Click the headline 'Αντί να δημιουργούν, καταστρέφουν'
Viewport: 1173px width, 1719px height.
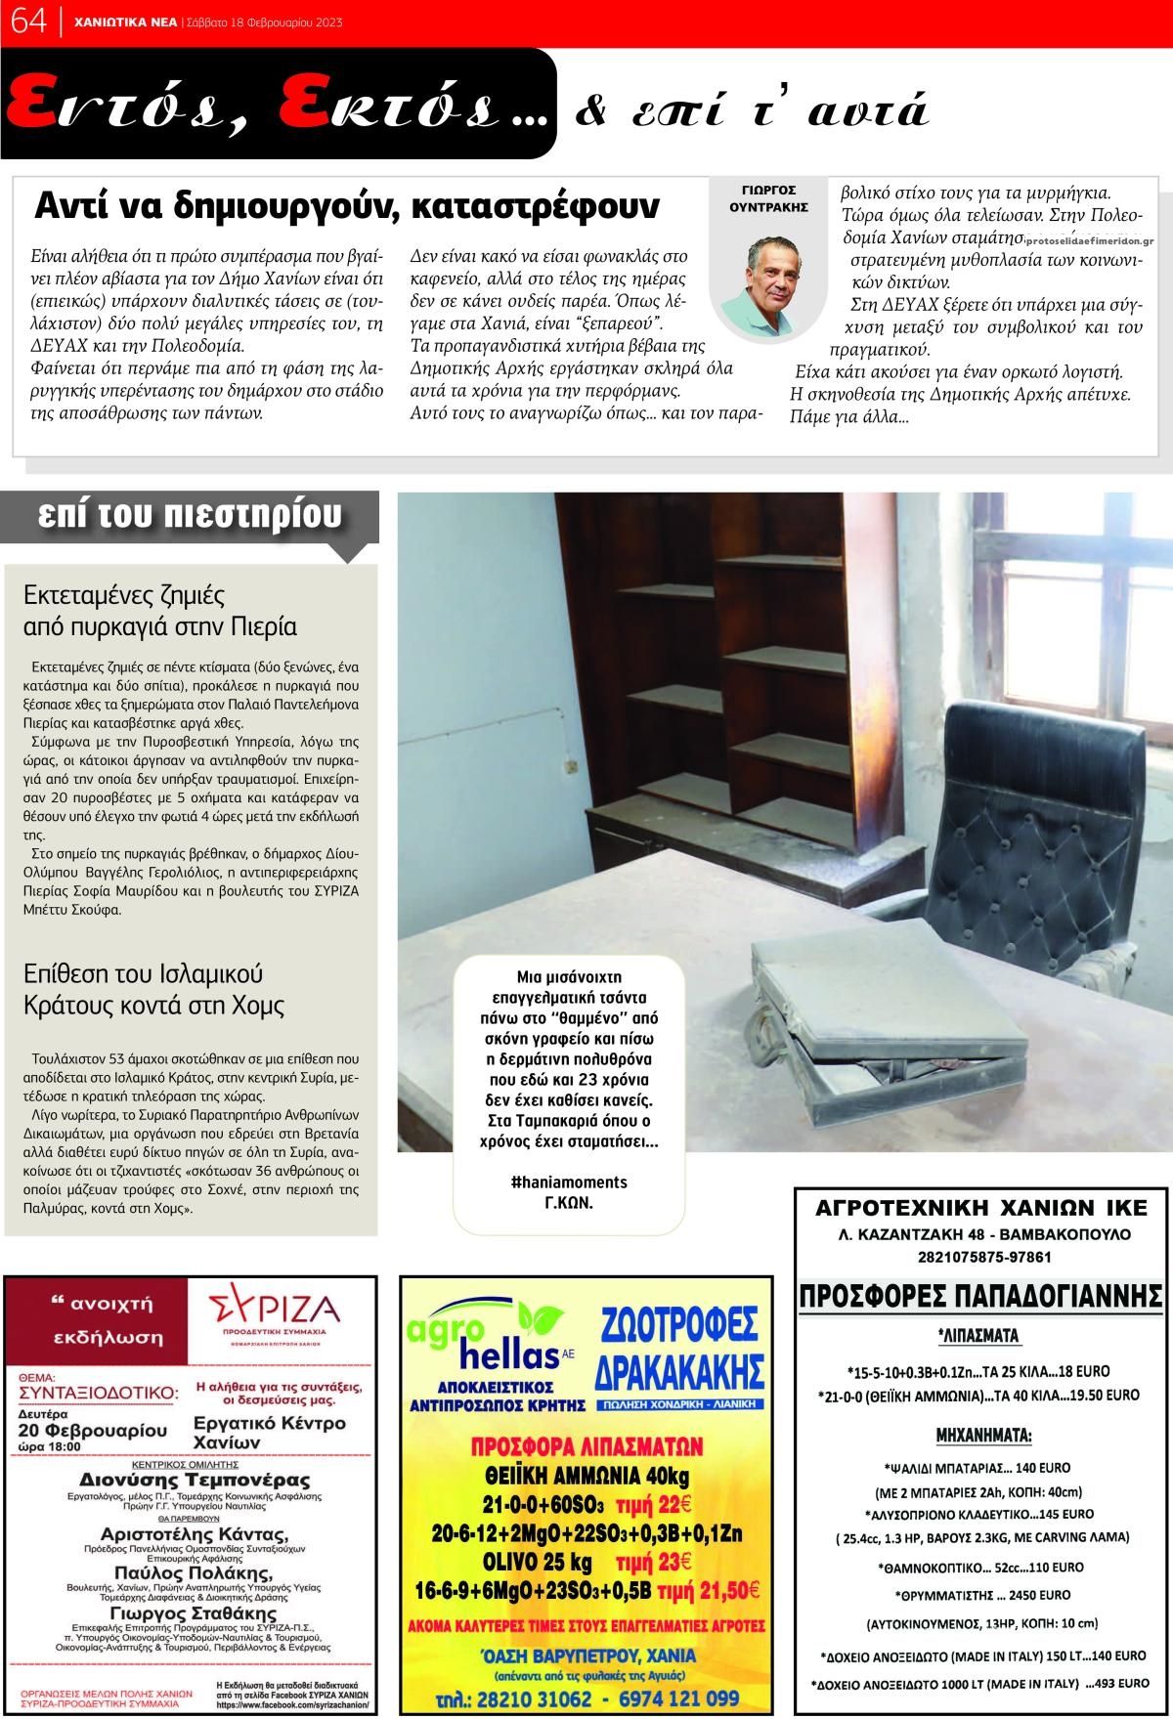pos(347,206)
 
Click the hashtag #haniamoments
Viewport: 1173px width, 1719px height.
pos(569,1182)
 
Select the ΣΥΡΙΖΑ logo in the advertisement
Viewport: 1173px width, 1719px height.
pos(276,1310)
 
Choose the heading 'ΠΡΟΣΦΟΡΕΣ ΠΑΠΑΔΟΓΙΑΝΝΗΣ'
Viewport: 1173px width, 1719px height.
pos(980,1297)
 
